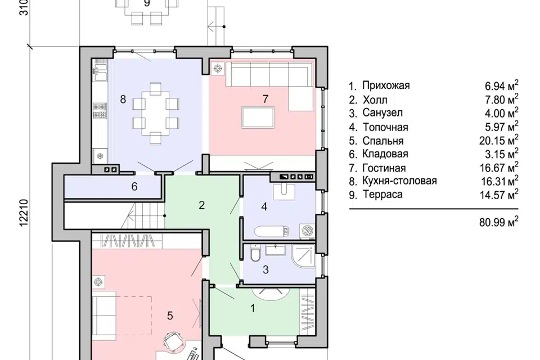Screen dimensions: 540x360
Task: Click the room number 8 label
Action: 123,99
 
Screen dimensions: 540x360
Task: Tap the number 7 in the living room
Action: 265,99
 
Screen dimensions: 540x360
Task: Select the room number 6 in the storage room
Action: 134,187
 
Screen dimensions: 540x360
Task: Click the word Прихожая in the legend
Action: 386,85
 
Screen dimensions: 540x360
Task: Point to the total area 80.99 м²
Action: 499,222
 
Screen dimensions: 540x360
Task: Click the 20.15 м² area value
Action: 499,140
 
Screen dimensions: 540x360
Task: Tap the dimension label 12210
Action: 24,213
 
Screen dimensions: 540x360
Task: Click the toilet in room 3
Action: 255,253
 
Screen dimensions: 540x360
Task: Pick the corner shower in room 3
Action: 303,256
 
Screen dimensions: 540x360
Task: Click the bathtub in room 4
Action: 272,231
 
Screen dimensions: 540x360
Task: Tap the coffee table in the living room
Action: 258,118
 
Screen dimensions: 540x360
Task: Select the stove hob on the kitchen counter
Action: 100,111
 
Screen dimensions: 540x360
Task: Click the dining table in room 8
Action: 156,113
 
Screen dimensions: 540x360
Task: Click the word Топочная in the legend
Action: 385,127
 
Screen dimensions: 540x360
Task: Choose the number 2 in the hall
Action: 201,205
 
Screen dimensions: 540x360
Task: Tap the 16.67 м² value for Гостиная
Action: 499,168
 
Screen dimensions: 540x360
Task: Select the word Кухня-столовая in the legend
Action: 399,181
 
